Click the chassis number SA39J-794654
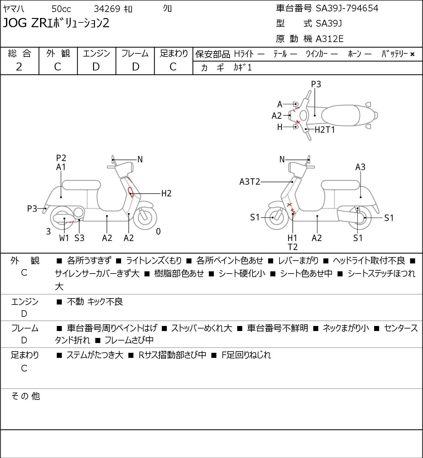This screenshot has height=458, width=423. point(347,8)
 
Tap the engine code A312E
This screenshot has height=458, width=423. point(329,39)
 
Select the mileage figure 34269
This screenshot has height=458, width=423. point(107,9)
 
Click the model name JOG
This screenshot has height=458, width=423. point(15,23)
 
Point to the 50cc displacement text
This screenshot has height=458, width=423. point(61,9)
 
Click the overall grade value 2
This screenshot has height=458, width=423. point(19,67)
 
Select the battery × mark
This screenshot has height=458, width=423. point(412,54)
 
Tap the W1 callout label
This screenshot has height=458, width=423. point(64,238)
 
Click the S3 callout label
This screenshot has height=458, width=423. point(79,238)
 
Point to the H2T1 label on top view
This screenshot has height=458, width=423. point(325,130)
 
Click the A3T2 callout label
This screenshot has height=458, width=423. point(250,182)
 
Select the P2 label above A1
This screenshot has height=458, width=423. point(61,158)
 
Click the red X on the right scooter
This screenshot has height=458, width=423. point(289,204)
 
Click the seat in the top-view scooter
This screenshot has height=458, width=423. point(341,115)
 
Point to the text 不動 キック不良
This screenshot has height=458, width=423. point(95,302)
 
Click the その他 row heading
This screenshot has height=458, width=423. point(26,396)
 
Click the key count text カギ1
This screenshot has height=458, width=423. point(243,68)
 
